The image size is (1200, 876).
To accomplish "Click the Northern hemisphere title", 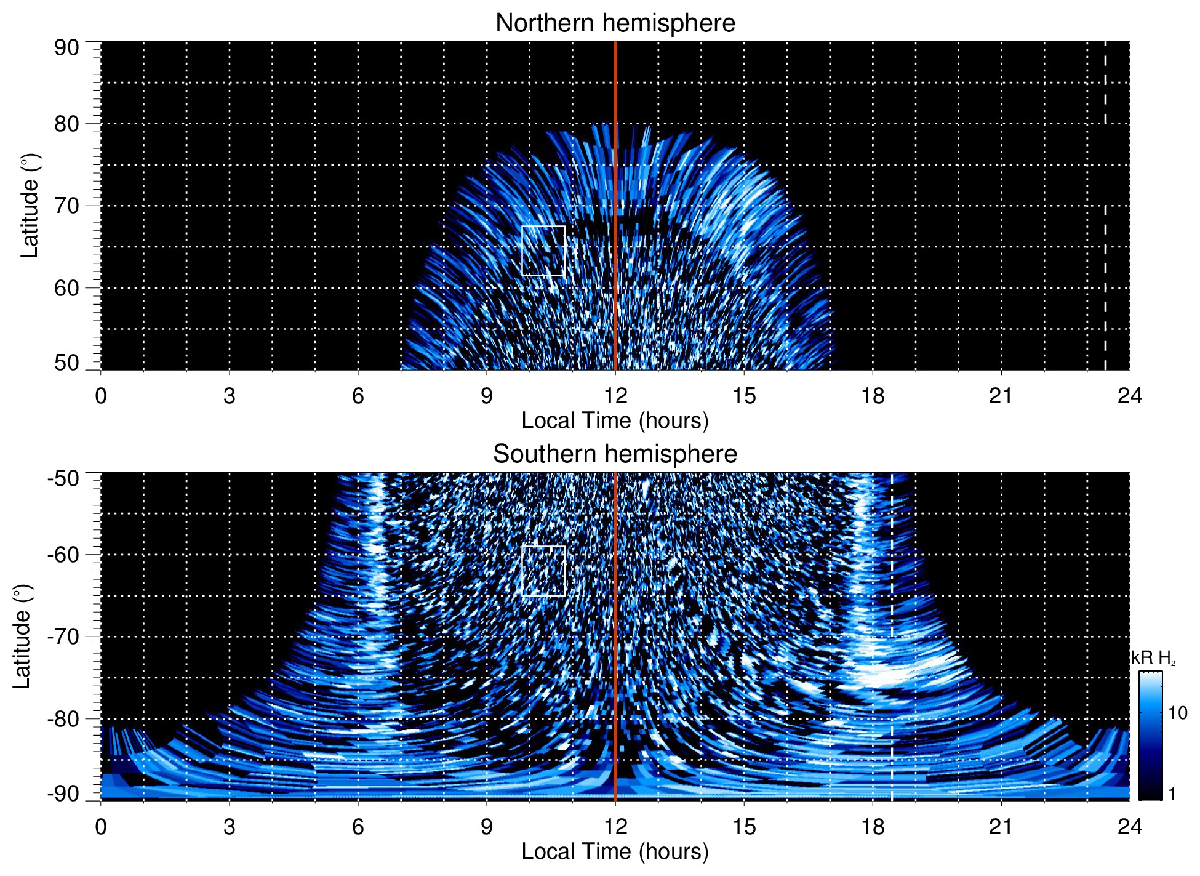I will pos(615,23).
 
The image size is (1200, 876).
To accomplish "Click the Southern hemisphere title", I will pos(615,454).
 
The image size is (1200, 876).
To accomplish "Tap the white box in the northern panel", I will pos(543,251).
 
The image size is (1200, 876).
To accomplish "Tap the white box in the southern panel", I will pos(543,571).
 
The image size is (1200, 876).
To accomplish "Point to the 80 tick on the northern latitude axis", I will pos(67,124).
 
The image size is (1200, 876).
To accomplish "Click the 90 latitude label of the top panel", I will pos(67,48).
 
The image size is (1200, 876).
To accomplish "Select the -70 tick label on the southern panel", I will pos(63,637).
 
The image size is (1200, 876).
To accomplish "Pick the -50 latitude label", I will pos(63,478).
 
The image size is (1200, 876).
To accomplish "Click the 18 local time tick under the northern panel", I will pos(872,396).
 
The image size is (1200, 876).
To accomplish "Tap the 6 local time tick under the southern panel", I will pos(358,827).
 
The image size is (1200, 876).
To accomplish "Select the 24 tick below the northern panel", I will pos(1129,396).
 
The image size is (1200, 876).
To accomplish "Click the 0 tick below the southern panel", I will pos(101,827).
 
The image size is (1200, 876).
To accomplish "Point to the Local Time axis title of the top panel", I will pos(615,420).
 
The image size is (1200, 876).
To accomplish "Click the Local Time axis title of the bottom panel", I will pos(615,851).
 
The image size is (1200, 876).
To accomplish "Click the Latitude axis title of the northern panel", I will pos(30,206).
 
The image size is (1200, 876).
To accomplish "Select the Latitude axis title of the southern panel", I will pos(22,637).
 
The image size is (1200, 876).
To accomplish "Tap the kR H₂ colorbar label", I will pos(1153,658).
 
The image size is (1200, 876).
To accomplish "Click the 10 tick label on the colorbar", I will pos(1177,713).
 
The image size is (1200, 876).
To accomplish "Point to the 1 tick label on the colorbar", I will pos(1172,794).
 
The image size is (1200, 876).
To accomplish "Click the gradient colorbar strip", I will pos(1150,736).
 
